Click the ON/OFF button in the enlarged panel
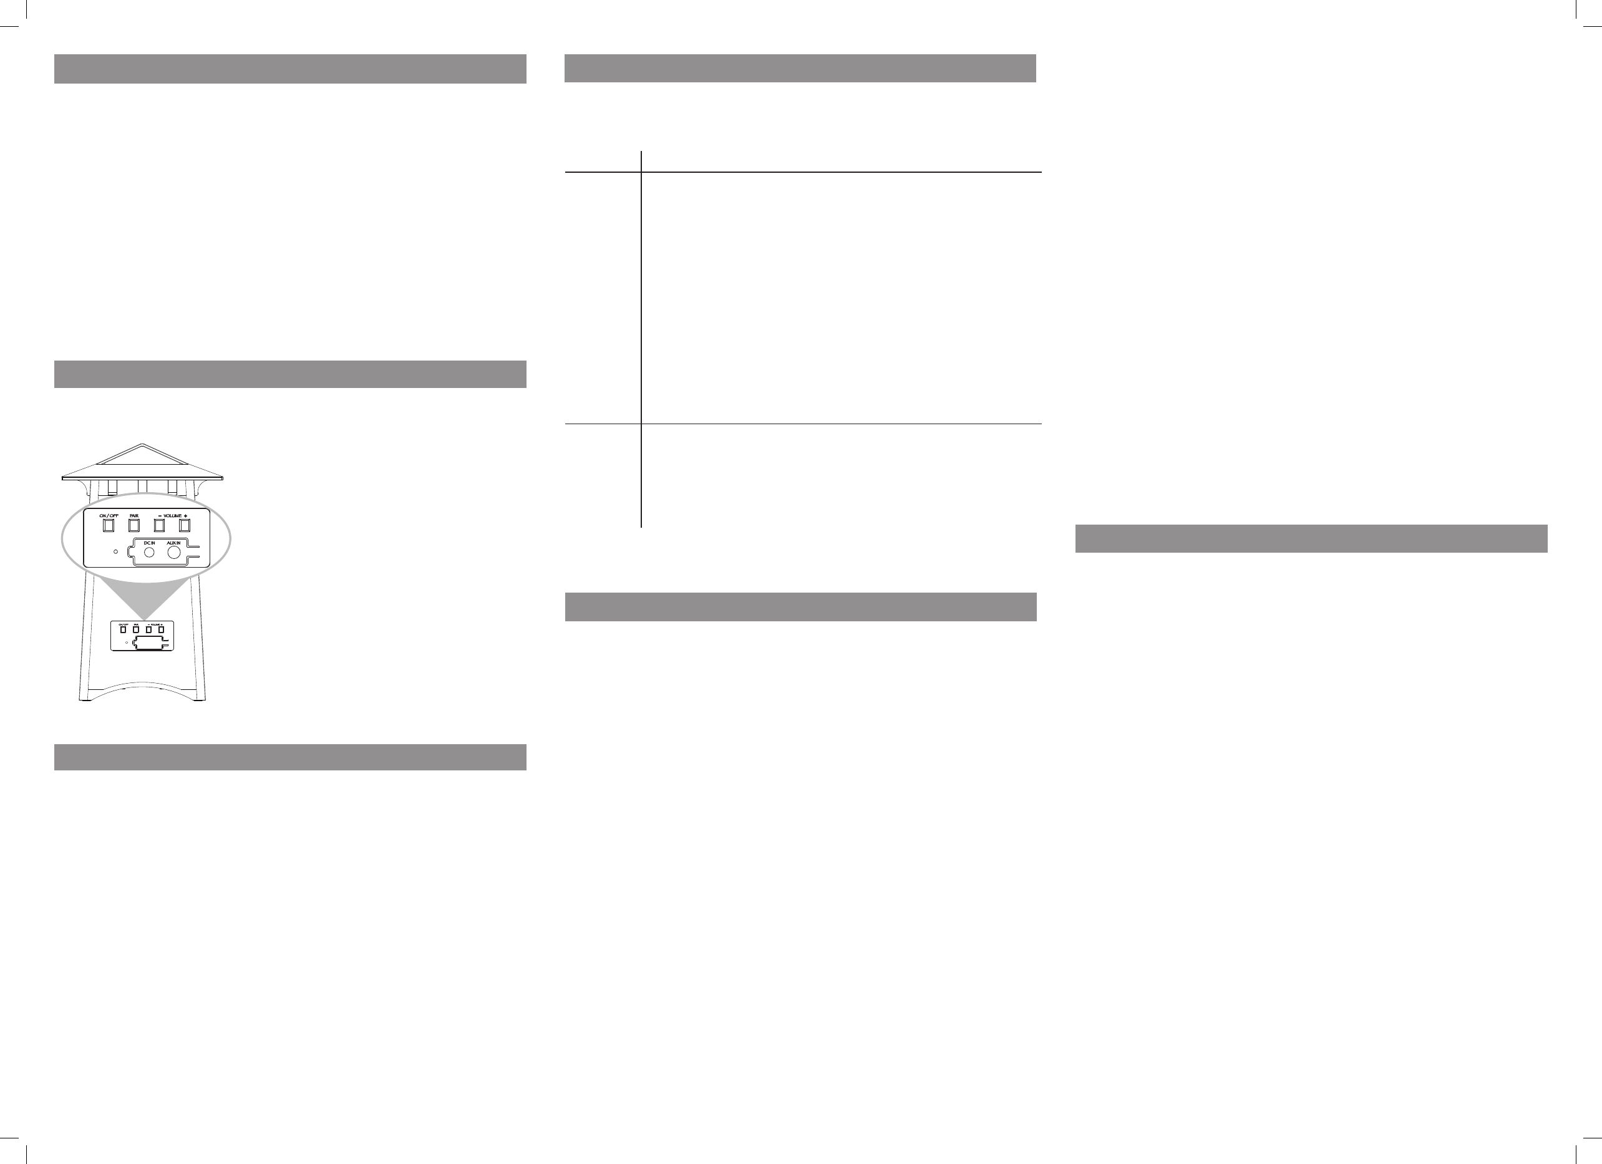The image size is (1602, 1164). pos(109,525)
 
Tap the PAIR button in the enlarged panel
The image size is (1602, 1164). pos(134,525)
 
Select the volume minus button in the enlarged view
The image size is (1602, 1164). pos(160,525)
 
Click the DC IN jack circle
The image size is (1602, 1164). pos(149,552)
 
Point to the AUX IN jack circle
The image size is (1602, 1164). pos(174,552)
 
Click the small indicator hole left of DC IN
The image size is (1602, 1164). pos(116,550)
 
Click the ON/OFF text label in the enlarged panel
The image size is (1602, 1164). pos(109,516)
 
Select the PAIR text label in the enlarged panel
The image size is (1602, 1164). pos(134,516)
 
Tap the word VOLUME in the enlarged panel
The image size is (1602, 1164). pos(172,516)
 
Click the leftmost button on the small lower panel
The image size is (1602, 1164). pos(124,629)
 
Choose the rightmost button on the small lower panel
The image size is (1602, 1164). pos(161,629)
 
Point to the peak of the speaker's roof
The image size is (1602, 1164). pos(143,444)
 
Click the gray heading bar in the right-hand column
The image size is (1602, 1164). pos(1311,538)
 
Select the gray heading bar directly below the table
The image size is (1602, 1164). pos(800,607)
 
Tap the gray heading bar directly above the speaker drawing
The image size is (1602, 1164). pos(290,374)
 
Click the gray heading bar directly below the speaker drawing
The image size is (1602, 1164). pos(290,757)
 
